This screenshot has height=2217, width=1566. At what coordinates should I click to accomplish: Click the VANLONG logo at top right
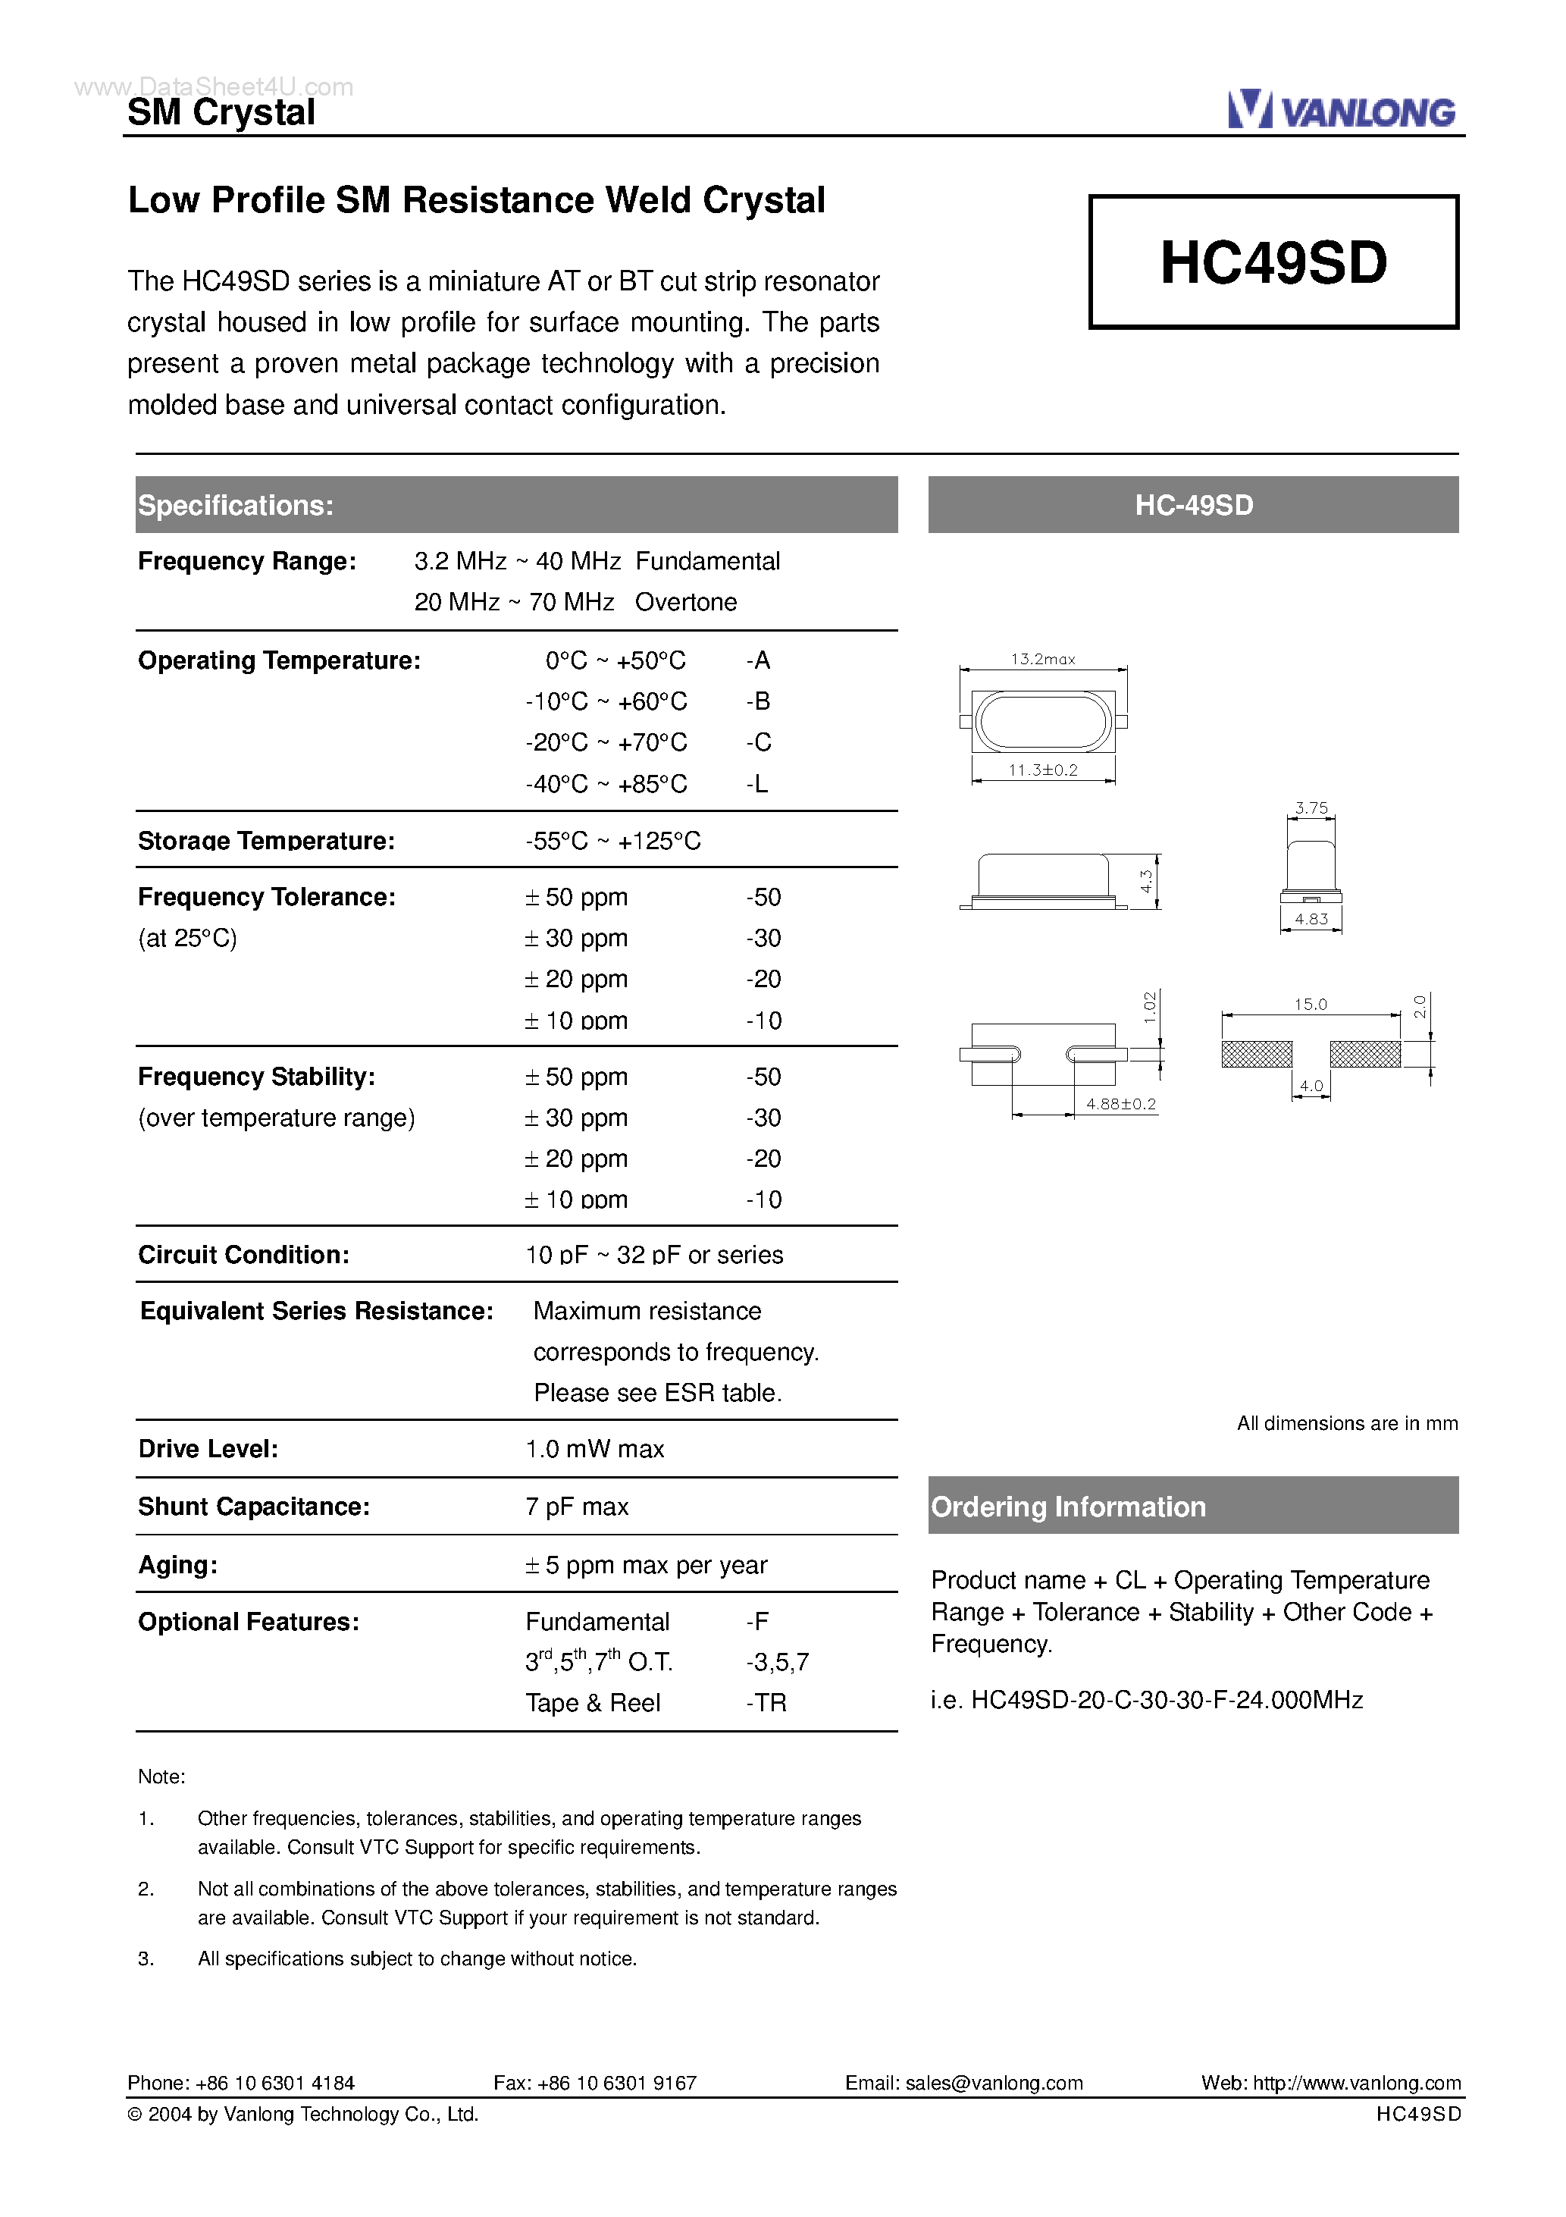click(1341, 111)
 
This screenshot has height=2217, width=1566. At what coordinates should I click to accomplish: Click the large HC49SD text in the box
click(1273, 262)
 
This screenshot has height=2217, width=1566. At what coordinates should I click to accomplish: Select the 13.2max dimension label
click(1043, 660)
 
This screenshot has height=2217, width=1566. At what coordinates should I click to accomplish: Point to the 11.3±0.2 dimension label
click(1043, 770)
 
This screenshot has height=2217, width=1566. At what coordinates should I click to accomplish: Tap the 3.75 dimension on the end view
click(1311, 808)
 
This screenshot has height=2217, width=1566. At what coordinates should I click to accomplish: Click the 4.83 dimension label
click(1311, 919)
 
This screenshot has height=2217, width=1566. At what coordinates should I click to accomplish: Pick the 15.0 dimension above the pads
click(1310, 1004)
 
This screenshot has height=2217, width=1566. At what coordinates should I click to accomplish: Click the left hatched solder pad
click(1256, 1055)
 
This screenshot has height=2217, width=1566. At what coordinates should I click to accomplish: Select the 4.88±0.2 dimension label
click(1120, 1104)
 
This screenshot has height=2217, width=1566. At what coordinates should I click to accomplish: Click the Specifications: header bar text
click(236, 505)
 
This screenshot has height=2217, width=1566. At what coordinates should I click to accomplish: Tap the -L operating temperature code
click(757, 784)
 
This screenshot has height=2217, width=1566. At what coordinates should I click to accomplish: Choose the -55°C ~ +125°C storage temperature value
click(613, 841)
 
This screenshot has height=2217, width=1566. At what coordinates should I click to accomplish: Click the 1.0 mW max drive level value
click(595, 1450)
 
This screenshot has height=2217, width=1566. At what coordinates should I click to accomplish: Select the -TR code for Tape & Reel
click(766, 1702)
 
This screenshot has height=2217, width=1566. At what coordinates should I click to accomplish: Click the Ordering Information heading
click(1068, 1507)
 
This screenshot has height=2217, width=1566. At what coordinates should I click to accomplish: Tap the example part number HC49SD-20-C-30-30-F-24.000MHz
click(1167, 1701)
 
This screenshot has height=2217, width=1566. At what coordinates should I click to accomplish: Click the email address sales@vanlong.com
click(994, 2083)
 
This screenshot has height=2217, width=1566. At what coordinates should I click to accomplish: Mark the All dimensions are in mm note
click(1347, 1423)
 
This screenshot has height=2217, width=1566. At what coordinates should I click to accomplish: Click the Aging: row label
click(177, 1565)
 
